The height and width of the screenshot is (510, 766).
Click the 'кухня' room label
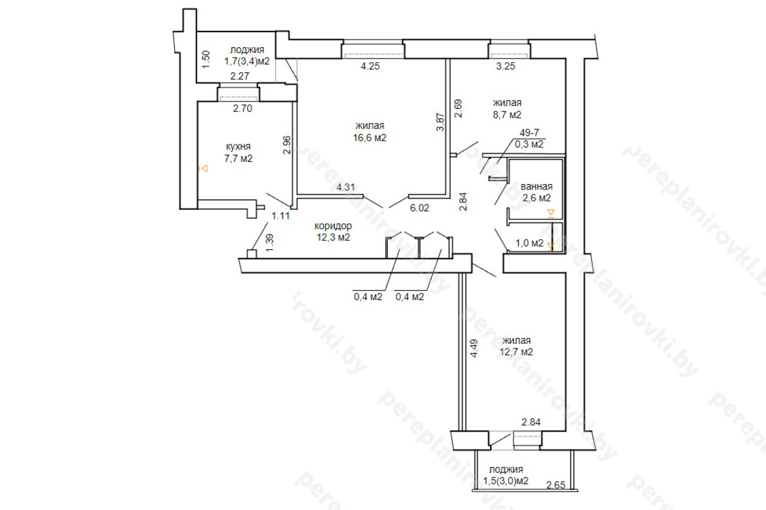pos(238,147)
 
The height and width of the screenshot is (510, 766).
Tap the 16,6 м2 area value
pos(370,138)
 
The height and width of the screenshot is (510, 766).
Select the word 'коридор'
pos(333,226)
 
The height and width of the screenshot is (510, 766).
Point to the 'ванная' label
pos(537,187)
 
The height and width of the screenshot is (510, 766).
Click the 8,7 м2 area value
pos(507,115)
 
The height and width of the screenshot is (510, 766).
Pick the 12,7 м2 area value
pos(516,352)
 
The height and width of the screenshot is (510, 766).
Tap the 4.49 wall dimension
pos(474,348)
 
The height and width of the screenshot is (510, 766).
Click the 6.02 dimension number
pos(420,208)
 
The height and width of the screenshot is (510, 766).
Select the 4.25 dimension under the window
pos(370,66)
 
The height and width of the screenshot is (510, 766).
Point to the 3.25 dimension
pos(506,66)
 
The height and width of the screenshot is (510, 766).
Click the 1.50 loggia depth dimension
pos(206,59)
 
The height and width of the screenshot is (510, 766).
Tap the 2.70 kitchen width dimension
pos(242,108)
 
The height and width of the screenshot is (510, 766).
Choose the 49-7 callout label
pos(529,133)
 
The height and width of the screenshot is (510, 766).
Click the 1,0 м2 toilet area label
pos(530,243)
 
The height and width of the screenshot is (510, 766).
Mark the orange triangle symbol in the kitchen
pos(204,169)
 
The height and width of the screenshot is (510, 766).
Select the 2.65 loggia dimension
pos(556,485)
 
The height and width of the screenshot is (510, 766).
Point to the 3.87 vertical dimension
pos(440,122)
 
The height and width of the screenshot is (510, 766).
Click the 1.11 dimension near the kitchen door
pos(281,216)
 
